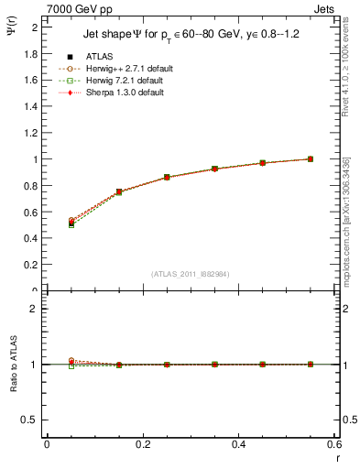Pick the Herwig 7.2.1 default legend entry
point(123,81)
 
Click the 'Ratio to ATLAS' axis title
point(12,389)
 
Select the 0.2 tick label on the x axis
point(142,444)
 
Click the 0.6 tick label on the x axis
point(334,444)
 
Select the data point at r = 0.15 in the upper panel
point(119,191)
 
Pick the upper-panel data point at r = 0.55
point(311,158)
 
